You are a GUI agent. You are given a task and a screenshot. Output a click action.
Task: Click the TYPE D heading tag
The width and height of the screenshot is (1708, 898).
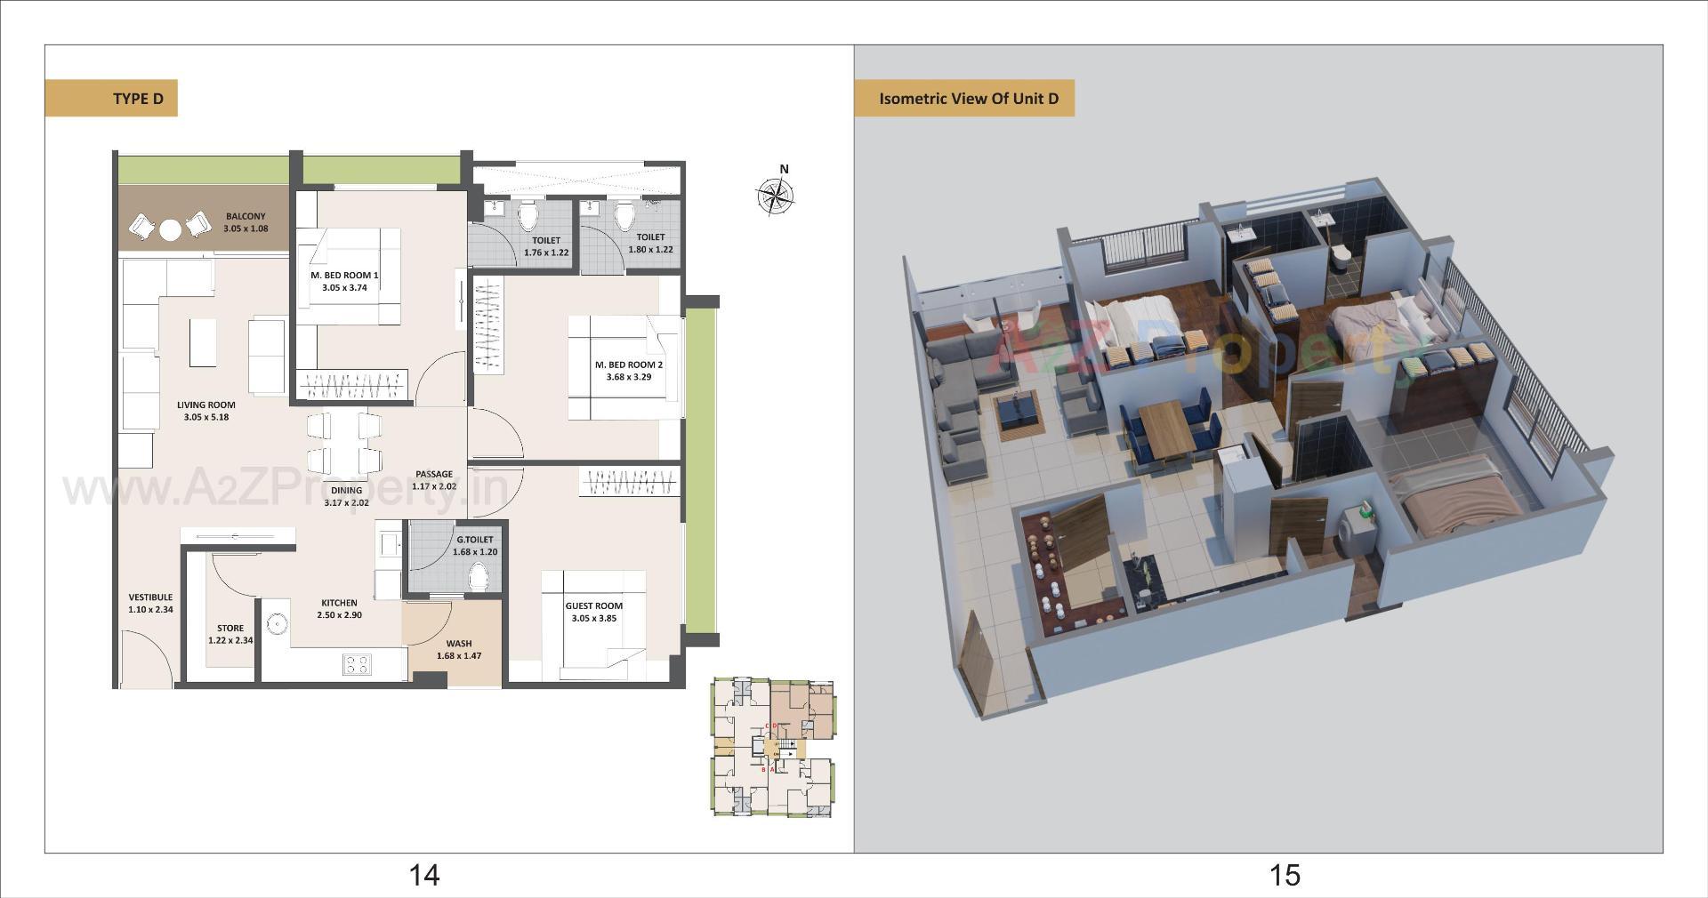point(111,99)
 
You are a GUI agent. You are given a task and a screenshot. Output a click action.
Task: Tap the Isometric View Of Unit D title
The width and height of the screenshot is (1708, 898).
point(968,99)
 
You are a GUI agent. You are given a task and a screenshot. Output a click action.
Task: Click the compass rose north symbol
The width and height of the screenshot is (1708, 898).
point(775,196)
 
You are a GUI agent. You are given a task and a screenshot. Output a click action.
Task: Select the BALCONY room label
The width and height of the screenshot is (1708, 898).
point(246,222)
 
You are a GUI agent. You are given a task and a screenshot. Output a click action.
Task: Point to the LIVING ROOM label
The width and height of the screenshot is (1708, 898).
point(206,411)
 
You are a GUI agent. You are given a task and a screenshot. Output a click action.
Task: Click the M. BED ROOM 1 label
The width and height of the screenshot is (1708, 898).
point(344,281)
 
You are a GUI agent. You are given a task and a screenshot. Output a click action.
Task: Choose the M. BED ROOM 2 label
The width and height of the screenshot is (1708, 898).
point(629,371)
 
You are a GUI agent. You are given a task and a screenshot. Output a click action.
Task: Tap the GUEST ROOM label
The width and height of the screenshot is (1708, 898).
point(593,612)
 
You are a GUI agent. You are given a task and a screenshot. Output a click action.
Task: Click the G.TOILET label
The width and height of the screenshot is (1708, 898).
point(475,545)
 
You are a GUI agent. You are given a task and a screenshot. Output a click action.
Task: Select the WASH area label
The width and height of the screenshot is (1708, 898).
point(459,649)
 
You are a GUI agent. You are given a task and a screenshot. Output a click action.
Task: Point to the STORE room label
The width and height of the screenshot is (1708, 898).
point(230,634)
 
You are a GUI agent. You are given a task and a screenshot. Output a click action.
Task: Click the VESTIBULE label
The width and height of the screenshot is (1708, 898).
point(150,603)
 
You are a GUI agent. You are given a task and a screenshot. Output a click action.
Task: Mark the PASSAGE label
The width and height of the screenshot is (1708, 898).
point(434,480)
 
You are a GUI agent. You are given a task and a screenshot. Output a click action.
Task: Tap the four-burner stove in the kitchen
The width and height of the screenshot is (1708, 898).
point(357,664)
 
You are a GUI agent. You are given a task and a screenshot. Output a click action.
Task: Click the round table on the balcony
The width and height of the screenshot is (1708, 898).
point(170,230)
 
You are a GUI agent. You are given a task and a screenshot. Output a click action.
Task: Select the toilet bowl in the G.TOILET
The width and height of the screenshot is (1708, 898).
point(479,578)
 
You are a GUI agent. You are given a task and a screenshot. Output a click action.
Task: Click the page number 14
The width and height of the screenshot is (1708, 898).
point(423,876)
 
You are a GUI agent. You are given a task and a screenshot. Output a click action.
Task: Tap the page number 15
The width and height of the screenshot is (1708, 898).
point(1285,876)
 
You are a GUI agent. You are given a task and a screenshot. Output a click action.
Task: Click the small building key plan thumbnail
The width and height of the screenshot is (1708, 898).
point(772,748)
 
